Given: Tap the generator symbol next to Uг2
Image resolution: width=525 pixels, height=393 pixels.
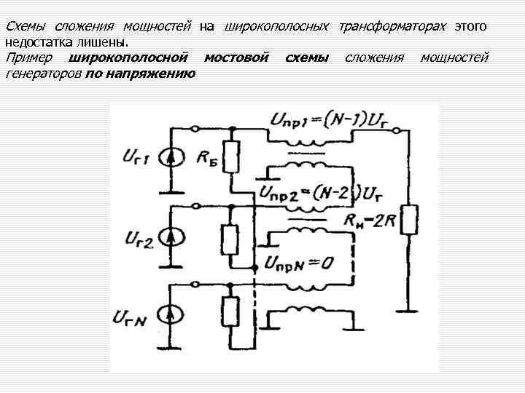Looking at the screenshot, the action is [172, 237].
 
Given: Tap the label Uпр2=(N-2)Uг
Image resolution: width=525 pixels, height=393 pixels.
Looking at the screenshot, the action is [321, 194].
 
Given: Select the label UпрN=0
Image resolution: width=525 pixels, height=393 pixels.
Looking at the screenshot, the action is [300, 263].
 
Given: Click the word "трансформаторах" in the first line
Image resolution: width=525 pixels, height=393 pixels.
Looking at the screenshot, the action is [390, 26].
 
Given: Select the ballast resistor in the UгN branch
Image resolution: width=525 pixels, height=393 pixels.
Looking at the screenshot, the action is [230, 311].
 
